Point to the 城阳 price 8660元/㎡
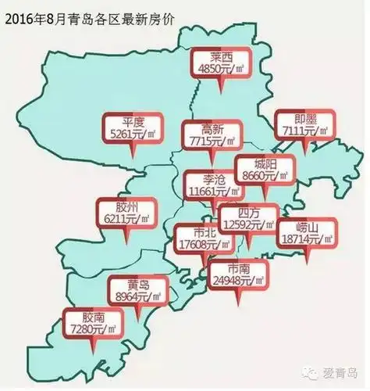click(x=265, y=176)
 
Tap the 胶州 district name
click(x=126, y=207)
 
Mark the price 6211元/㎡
click(x=126, y=220)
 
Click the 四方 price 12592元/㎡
click(x=248, y=224)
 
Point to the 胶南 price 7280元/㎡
click(x=92, y=329)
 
